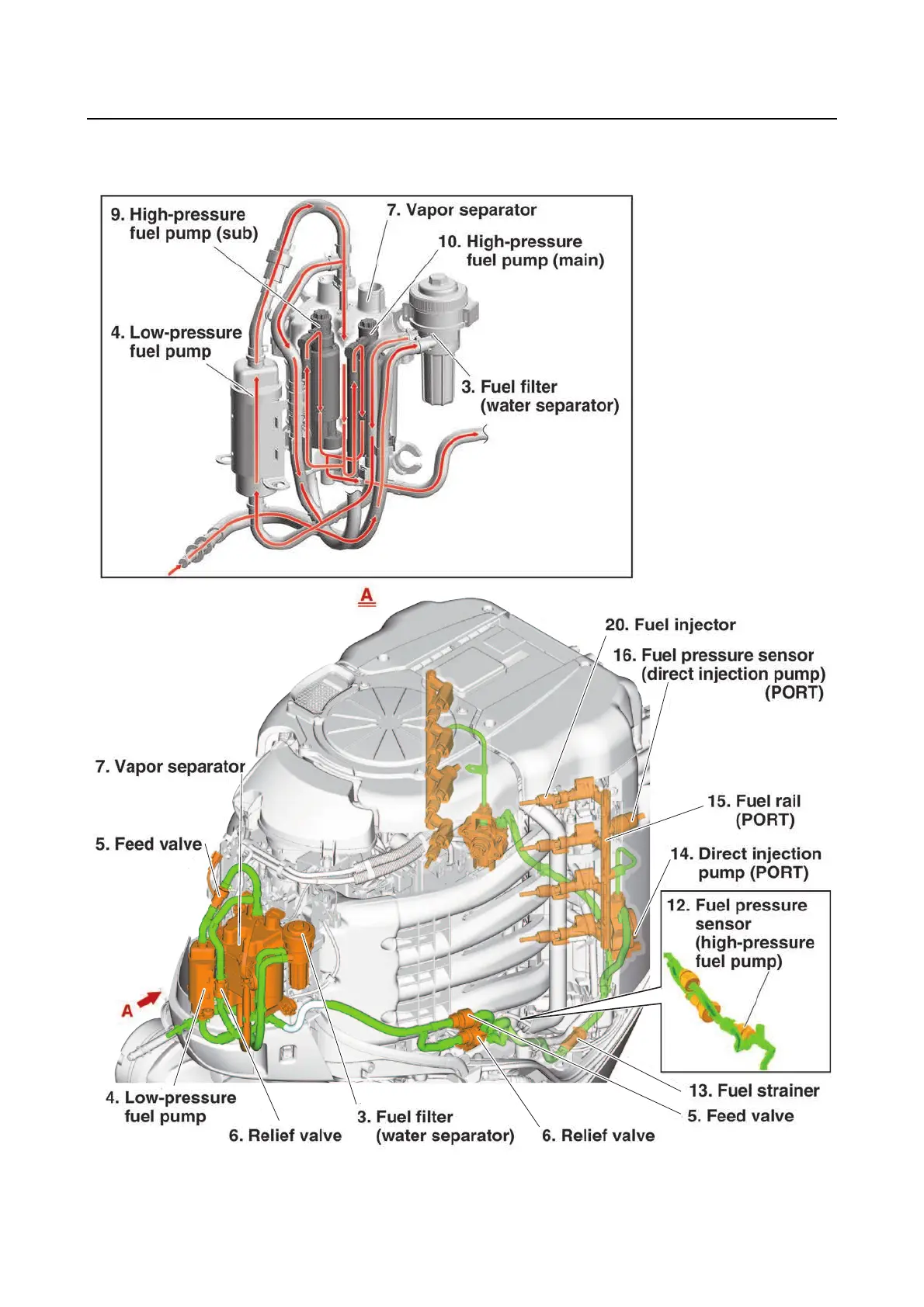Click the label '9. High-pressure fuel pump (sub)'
click(x=185, y=224)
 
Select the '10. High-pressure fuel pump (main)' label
click(x=522, y=251)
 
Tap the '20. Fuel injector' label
click(x=670, y=625)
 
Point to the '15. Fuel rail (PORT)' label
click(x=753, y=810)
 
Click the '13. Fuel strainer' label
click(x=753, y=1090)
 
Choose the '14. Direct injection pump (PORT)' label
click(x=745, y=863)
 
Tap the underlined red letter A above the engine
click(x=366, y=596)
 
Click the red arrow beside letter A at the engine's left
click(x=149, y=998)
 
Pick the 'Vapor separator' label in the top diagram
click(x=461, y=210)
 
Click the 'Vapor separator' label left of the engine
click(x=170, y=767)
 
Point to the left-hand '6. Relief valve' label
click(x=285, y=1135)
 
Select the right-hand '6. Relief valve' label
click(x=598, y=1135)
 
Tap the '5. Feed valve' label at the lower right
click(x=741, y=1116)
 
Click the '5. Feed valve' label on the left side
click(x=148, y=844)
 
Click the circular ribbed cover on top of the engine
click(x=380, y=726)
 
